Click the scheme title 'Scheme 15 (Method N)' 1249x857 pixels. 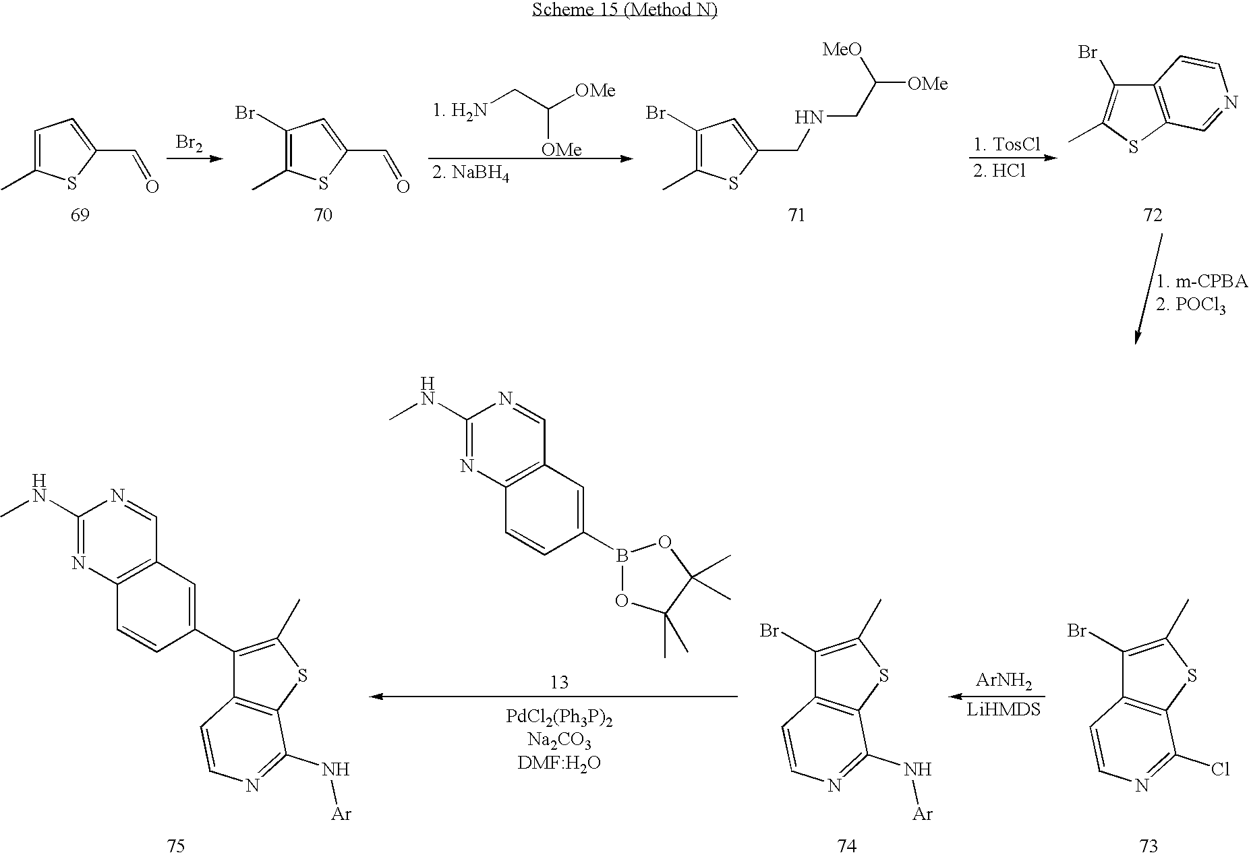624,10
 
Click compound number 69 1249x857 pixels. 80,215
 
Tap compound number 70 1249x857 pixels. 323,215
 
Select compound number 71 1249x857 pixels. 796,215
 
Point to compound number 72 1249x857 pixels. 1153,215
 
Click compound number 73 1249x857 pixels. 1148,845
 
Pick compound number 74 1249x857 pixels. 846,845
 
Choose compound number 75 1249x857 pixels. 175,845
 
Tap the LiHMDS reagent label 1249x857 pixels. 1004,710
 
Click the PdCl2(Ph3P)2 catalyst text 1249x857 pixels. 559,717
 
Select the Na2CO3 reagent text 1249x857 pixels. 559,740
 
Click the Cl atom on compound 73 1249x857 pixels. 1220,769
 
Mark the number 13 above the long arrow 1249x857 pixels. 559,682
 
